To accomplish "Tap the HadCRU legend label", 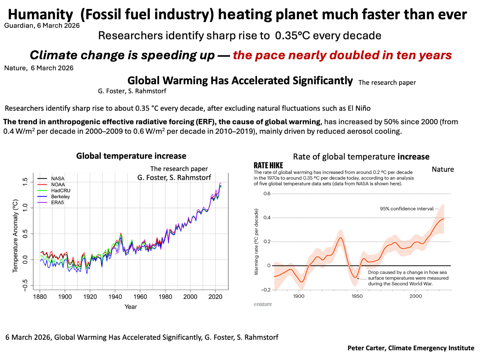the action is (60, 191).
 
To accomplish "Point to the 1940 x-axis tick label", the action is (115, 297).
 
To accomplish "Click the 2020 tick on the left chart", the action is (215, 297).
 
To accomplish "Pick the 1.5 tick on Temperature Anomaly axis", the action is (25, 182).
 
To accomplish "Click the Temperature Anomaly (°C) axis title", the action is (15, 236).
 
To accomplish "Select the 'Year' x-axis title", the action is (131, 307).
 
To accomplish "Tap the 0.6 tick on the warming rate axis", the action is (267, 194).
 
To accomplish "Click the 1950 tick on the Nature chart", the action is (357, 296).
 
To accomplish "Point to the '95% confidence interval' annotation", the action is (406, 209).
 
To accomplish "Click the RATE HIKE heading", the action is (268, 165).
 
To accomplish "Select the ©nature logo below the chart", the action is (263, 304).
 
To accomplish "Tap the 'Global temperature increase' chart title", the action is (131, 156).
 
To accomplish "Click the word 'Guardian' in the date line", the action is (18, 26).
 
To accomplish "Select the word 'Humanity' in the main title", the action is (40, 15).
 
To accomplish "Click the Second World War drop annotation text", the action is (408, 278).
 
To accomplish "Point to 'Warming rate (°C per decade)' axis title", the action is (256, 242).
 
